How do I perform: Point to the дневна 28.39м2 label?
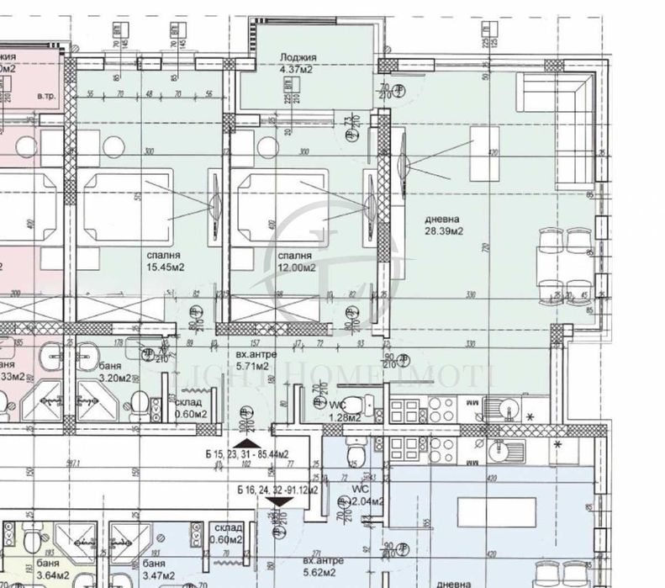click(446, 223)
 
